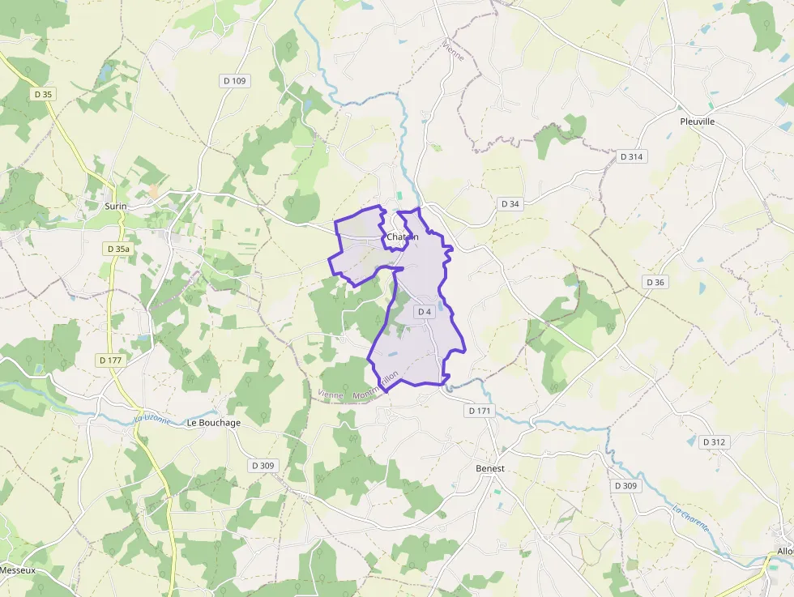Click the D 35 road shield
(44, 95)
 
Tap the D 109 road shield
(234, 81)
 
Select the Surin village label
(116, 206)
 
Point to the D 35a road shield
(118, 249)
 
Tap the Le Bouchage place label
(214, 423)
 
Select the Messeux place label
(18, 570)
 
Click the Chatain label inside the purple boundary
(403, 237)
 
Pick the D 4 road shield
(425, 312)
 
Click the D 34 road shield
(510, 204)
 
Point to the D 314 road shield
(631, 156)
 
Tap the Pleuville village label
(697, 122)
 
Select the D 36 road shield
(655, 282)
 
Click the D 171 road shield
(480, 412)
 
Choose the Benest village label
(490, 469)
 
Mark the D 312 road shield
(714, 442)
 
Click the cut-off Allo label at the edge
(784, 552)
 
